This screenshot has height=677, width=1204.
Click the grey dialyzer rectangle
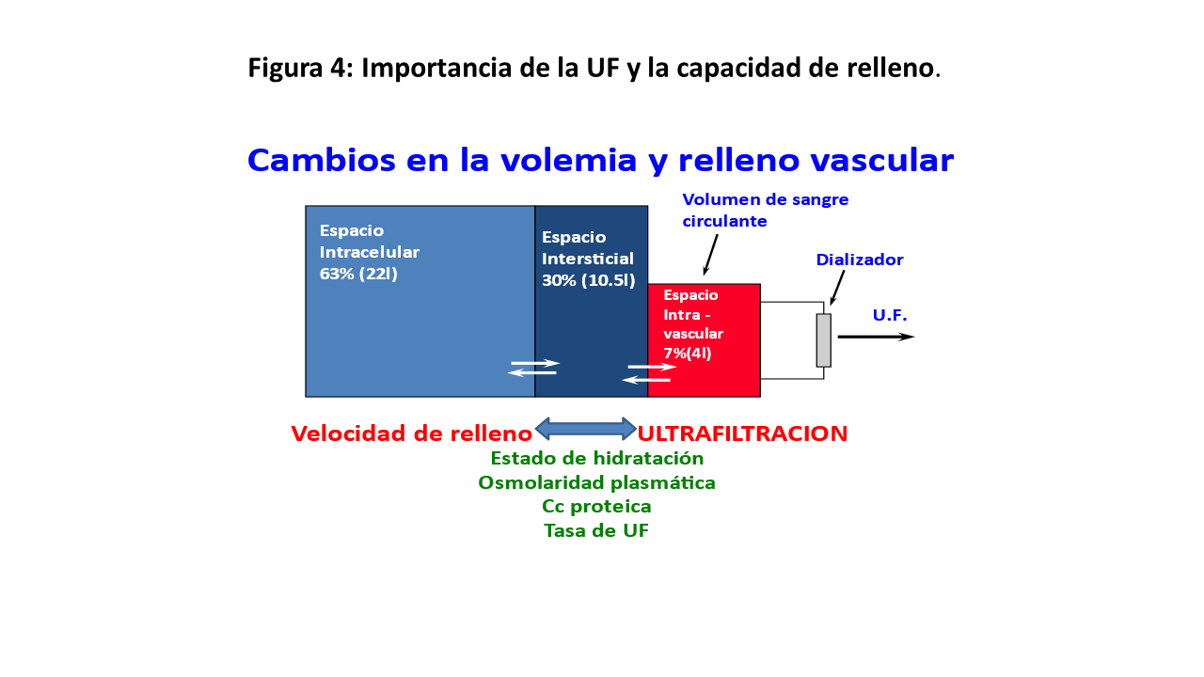[823, 339]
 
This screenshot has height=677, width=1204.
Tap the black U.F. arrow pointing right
[875, 337]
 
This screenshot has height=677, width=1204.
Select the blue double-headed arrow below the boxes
[586, 429]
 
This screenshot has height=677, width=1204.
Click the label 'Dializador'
[860, 260]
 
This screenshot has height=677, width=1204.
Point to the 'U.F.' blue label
[890, 315]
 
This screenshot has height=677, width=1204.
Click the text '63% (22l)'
[358, 275]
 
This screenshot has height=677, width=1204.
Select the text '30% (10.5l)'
[589, 280]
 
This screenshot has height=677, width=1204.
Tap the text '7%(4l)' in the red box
[687, 354]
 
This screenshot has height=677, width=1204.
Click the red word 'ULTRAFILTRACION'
[742, 433]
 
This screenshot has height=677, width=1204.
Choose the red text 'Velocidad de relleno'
[411, 433]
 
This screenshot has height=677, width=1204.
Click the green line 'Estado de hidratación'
[597, 459]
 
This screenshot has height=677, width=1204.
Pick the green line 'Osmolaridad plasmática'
[596, 482]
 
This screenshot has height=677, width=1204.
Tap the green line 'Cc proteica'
[596, 507]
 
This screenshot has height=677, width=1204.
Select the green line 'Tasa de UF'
[596, 531]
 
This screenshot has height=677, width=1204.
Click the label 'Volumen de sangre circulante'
[765, 211]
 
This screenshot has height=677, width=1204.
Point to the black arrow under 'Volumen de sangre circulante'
[710, 254]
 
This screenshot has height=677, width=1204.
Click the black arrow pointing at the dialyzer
[837, 287]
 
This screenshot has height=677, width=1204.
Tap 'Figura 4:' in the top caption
[300, 69]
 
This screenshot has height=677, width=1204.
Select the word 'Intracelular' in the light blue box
[370, 252]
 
